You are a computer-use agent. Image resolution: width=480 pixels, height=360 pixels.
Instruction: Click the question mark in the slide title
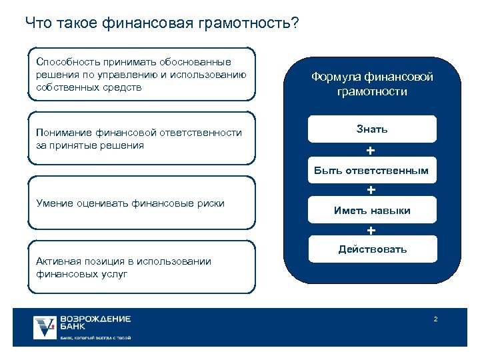295,23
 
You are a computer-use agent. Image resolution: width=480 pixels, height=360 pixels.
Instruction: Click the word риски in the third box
209,203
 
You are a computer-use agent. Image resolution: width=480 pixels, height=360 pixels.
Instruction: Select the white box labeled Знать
371,129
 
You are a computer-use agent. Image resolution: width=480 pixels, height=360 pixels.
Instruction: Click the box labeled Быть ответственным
371,171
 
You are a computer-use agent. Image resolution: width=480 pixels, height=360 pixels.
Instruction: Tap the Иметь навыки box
371,211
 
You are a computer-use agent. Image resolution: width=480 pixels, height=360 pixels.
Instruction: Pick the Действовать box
371,249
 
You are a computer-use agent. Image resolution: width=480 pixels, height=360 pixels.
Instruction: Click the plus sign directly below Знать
371,149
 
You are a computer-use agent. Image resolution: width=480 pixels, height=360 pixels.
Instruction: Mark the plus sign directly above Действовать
371,231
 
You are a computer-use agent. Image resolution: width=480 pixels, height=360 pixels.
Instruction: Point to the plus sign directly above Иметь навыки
371,191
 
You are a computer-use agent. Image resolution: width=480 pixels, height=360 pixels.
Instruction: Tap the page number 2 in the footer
435,320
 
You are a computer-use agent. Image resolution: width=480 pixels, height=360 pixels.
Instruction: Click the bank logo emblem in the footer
45,327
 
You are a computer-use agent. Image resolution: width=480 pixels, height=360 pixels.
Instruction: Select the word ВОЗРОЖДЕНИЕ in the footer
95,319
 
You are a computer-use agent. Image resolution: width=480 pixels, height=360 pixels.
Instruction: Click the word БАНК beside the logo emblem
73,328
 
